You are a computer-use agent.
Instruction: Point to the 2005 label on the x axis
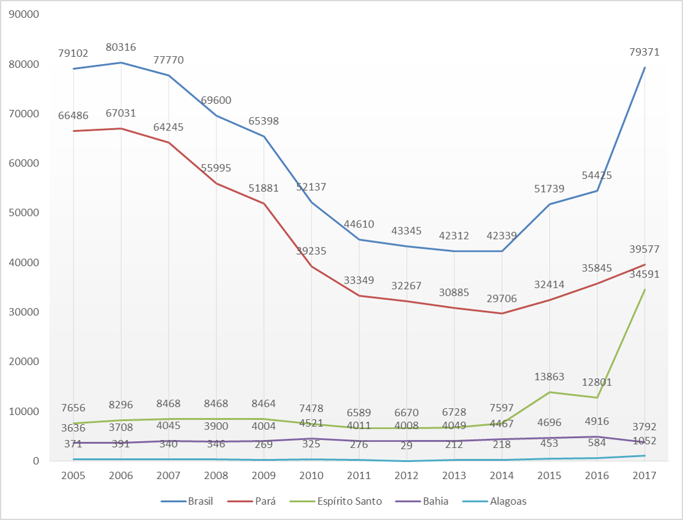[x=73, y=475]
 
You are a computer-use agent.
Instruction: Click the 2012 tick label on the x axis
[x=407, y=475]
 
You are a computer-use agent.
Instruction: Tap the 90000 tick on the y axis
[x=24, y=15]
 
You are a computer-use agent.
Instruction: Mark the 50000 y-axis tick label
[x=24, y=213]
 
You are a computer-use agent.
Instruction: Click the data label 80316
[x=121, y=47]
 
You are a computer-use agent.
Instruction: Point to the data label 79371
[x=644, y=53]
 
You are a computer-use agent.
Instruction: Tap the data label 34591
[x=644, y=274]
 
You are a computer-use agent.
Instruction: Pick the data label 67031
[x=121, y=113]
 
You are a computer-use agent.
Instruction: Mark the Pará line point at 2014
[x=502, y=313]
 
